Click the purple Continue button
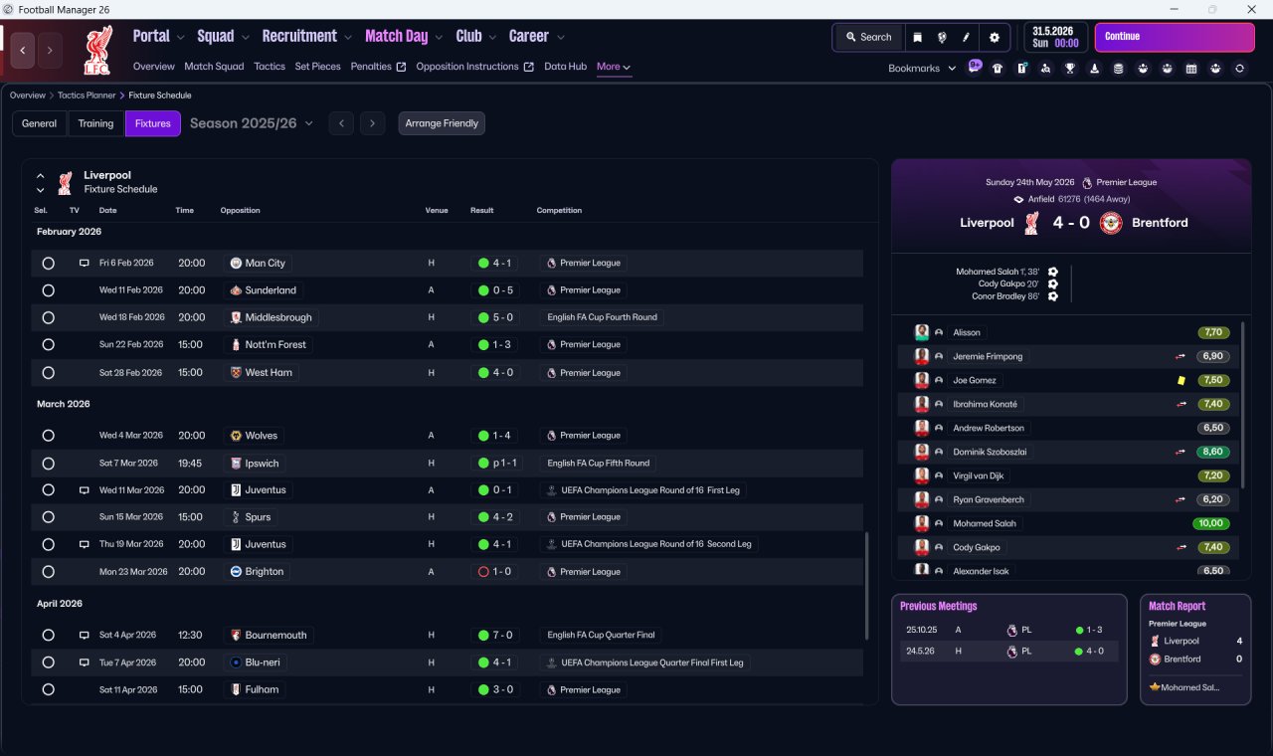click(x=1175, y=37)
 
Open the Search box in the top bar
click(x=869, y=37)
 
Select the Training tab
click(x=95, y=123)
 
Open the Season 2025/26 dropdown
click(x=252, y=123)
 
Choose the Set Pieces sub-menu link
click(x=317, y=67)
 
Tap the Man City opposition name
click(x=265, y=264)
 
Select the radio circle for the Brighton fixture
click(x=49, y=572)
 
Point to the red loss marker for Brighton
click(x=483, y=572)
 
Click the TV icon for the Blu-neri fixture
click(x=84, y=662)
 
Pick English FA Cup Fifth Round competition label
click(x=598, y=464)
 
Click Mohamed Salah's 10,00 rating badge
click(x=1210, y=523)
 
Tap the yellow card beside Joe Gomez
click(x=1181, y=380)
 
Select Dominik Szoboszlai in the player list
click(x=990, y=452)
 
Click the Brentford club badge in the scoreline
click(x=1111, y=223)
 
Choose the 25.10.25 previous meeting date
click(x=922, y=630)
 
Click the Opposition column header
click(x=240, y=210)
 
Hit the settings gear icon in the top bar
click(x=994, y=38)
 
